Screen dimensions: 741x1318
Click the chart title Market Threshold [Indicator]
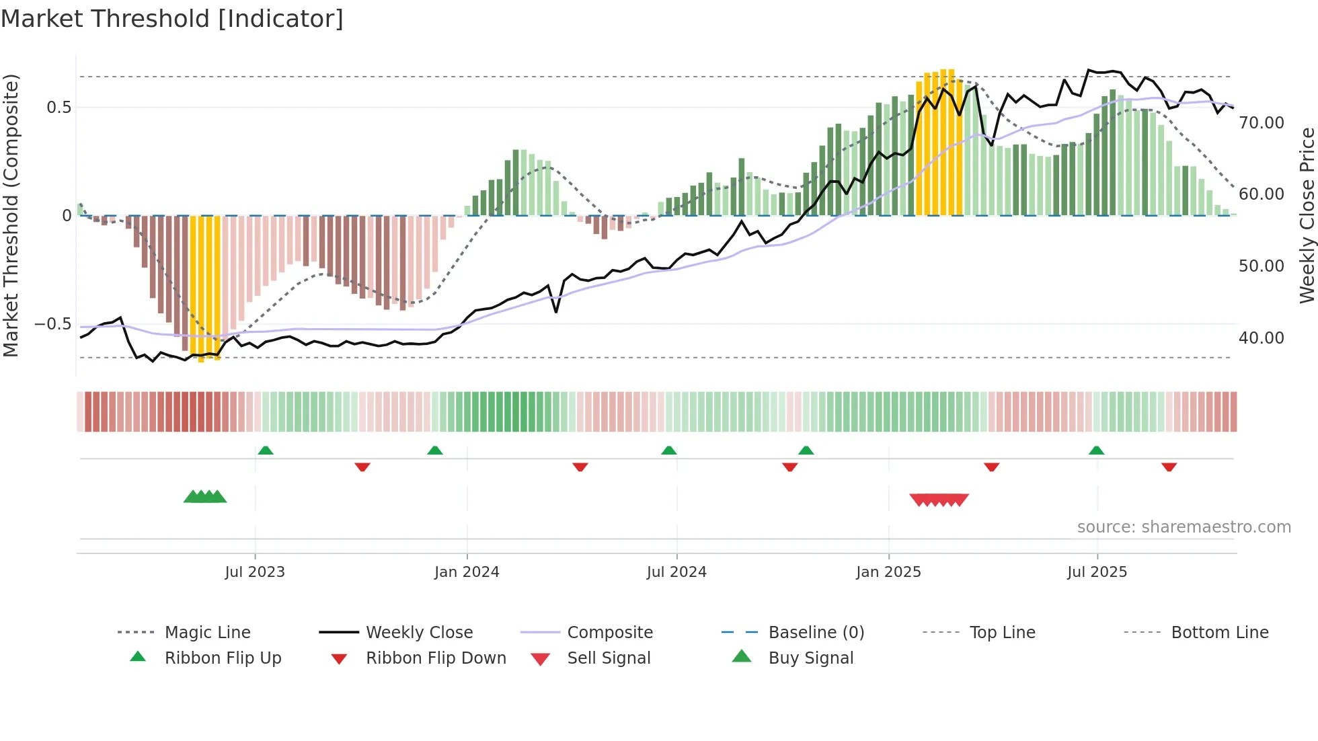click(172, 19)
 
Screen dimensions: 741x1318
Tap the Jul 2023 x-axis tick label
click(255, 572)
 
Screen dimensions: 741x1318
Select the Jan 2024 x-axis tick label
click(467, 572)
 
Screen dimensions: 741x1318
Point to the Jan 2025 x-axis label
click(888, 572)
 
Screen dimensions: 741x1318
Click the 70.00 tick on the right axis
click(1262, 123)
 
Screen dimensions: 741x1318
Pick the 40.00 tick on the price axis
click(1262, 338)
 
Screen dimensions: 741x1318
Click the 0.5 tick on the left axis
click(59, 108)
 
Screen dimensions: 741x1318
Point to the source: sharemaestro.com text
click(1184, 527)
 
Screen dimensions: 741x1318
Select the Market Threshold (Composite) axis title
click(11, 215)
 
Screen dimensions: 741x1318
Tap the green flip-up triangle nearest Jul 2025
click(1096, 451)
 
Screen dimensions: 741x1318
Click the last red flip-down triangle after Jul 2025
click(1169, 467)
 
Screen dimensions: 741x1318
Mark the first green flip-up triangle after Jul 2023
click(266, 451)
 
